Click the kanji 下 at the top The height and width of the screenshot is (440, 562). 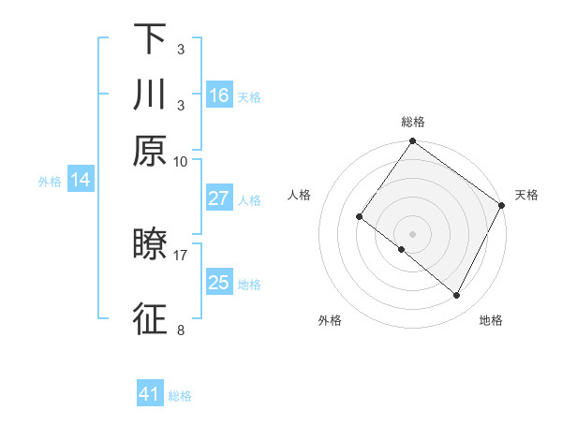point(150,38)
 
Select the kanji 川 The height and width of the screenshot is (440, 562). point(150,95)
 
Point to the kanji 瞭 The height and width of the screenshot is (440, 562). point(150,245)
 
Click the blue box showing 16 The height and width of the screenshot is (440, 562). point(219,95)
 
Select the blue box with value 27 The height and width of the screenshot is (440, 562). point(219,198)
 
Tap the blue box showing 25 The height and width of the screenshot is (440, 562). point(219,283)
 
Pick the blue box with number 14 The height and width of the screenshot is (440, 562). point(81,181)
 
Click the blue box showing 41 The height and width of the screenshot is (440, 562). point(150,394)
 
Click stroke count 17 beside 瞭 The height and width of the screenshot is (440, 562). point(181,254)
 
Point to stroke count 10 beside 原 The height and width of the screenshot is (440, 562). point(181,160)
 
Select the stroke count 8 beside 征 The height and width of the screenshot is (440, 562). point(181,330)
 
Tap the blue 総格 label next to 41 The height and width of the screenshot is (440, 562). point(180,396)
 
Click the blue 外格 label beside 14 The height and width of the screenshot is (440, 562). point(50,182)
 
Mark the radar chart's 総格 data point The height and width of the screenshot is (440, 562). point(412,142)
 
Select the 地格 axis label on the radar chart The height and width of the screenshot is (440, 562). point(491,320)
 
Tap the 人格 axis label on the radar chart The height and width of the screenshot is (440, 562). point(300,195)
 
